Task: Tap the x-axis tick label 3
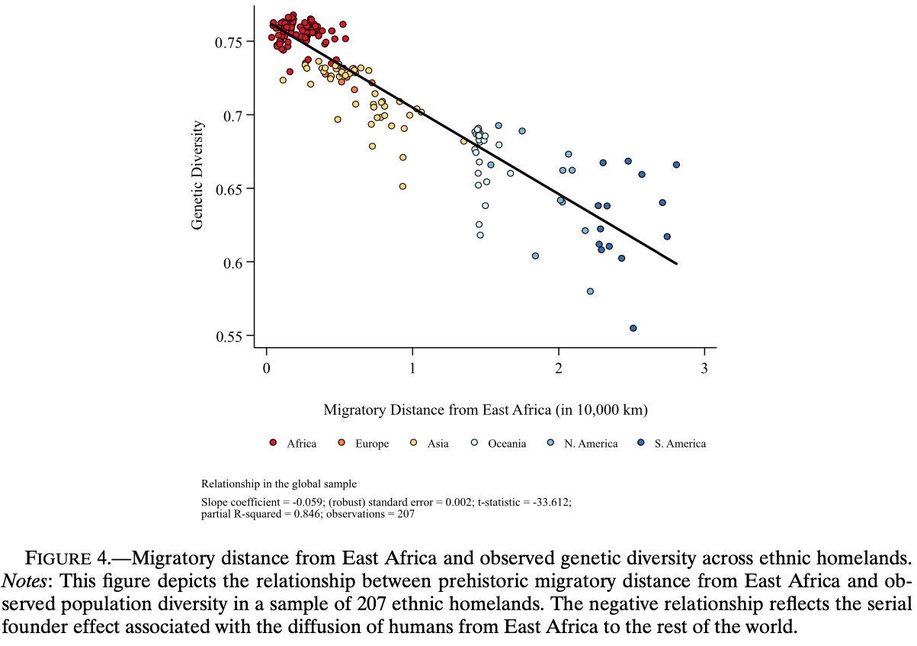click(x=704, y=368)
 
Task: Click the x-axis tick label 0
click(x=267, y=368)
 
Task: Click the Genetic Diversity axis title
click(x=197, y=175)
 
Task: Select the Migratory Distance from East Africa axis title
click(x=486, y=410)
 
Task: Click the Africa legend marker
click(x=273, y=442)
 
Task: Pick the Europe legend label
click(x=372, y=444)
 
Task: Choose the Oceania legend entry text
click(x=507, y=444)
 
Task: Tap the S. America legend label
click(x=680, y=444)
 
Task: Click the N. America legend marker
click(x=550, y=442)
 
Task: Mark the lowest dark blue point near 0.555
click(x=633, y=328)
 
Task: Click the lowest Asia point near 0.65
click(x=402, y=186)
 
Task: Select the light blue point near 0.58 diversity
click(x=590, y=291)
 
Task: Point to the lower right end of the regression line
click(x=677, y=264)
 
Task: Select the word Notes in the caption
click(x=24, y=581)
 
